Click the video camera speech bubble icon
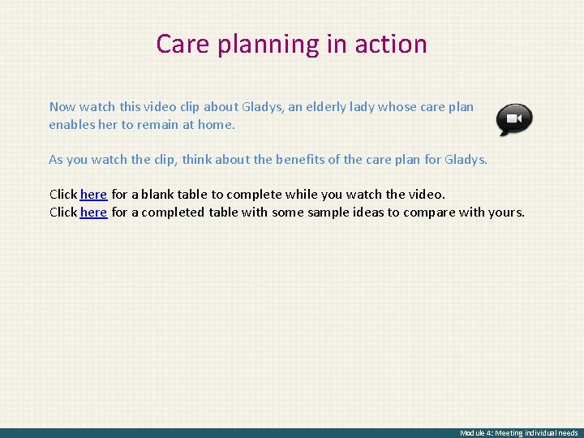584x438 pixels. pyautogui.click(x=514, y=119)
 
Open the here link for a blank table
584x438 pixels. pyautogui.click(x=93, y=195)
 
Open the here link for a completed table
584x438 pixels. pyautogui.click(x=93, y=213)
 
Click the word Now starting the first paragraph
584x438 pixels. pyautogui.click(x=62, y=107)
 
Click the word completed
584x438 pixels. pyautogui.click(x=174, y=213)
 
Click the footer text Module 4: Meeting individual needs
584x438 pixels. pyautogui.click(x=519, y=433)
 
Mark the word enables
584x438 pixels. pyautogui.click(x=71, y=126)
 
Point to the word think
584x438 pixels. pyautogui.click(x=199, y=160)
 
